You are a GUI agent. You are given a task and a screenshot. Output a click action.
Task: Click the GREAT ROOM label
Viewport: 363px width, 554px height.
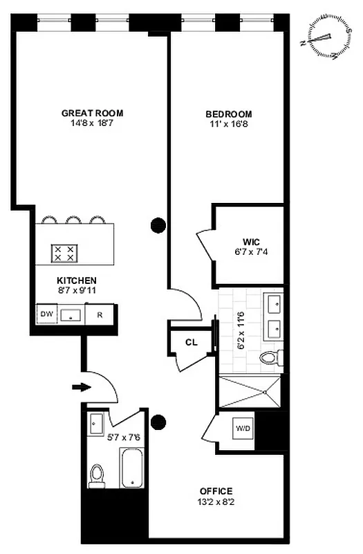92,113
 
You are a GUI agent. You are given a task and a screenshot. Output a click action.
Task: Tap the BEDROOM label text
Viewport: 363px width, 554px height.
228,114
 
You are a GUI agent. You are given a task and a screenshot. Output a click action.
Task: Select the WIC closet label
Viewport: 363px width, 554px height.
250,242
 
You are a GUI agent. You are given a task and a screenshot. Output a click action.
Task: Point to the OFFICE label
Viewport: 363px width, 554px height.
217,491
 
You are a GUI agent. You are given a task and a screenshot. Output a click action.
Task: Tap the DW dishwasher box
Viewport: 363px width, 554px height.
47,314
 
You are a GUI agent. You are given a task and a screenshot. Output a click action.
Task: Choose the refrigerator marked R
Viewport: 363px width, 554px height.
100,314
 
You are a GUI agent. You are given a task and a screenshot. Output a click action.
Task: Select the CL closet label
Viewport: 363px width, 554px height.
191,342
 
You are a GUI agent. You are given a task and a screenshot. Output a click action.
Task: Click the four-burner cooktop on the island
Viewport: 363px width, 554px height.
65,253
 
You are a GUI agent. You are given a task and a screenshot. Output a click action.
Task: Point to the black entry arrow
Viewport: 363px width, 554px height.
81,387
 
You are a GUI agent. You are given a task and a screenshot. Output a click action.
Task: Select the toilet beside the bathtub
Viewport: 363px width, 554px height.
97,474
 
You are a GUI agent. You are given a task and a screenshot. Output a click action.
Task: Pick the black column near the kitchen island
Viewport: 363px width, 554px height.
158,224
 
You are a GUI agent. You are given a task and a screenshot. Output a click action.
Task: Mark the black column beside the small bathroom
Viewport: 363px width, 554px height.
159,421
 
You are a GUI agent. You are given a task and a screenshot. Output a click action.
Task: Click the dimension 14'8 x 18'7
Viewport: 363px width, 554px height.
92,125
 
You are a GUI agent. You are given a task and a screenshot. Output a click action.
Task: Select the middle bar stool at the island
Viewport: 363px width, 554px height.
73,221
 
